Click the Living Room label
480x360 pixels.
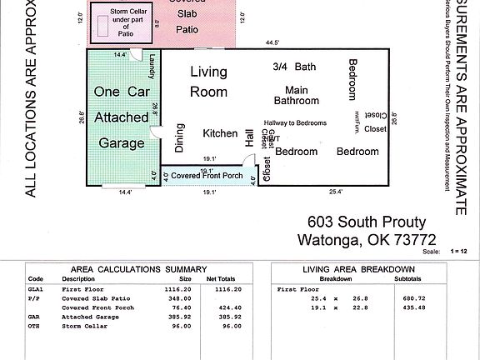click(x=208, y=82)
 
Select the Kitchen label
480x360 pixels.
click(x=221, y=133)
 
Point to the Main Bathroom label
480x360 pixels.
click(x=291, y=95)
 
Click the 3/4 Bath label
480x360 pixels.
click(x=293, y=67)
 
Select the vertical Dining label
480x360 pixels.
click(x=179, y=138)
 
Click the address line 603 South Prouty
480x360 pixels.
click(x=367, y=222)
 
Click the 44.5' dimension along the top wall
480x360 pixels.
click(x=272, y=41)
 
